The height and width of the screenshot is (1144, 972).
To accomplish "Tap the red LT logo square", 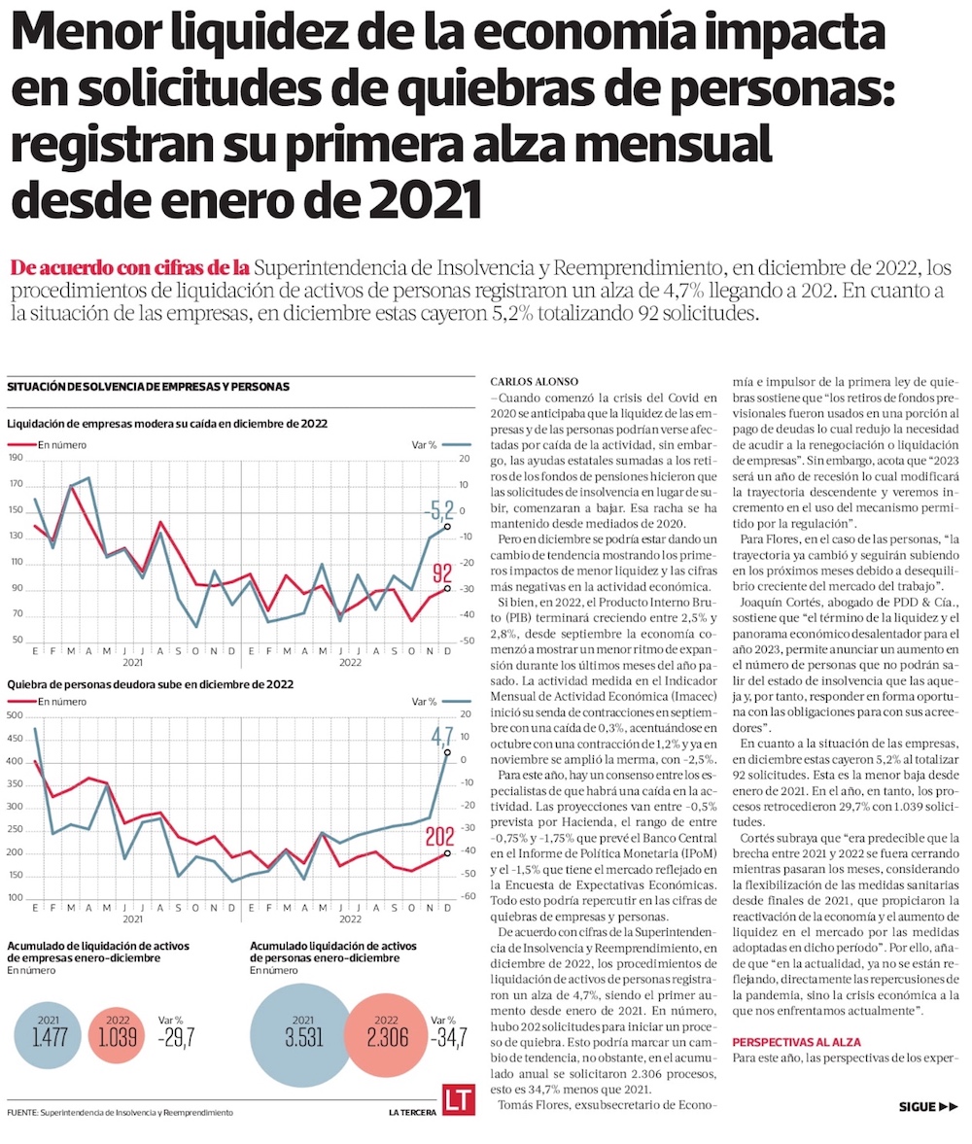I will coord(458,1101).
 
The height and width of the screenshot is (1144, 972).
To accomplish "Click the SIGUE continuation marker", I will coord(930,1106).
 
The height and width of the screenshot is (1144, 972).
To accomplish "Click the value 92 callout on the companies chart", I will coord(442,572).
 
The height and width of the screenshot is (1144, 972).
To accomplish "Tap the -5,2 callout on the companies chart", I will coord(439,508).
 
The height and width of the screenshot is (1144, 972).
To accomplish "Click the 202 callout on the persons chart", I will coord(439,836).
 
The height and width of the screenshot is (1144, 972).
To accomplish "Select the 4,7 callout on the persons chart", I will coord(442,734).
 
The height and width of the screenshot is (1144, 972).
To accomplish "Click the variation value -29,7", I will coord(177,1041).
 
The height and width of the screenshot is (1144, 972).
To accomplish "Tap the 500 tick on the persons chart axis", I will coord(15,715).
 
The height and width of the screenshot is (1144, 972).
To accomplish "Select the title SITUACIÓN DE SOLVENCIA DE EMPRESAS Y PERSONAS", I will coord(148,386).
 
